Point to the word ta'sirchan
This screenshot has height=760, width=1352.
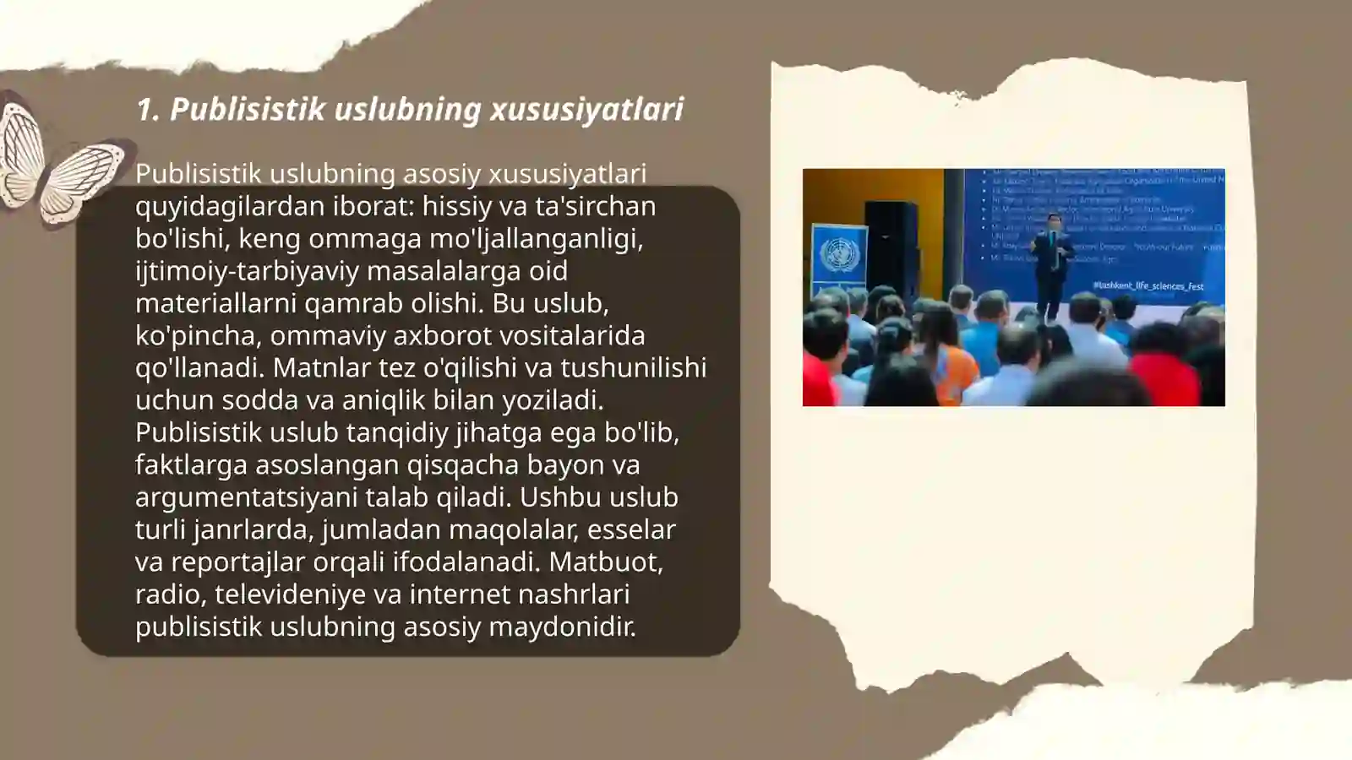[x=596, y=206]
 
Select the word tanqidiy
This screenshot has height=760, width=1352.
[x=397, y=432]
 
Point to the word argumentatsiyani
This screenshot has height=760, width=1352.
[x=246, y=497]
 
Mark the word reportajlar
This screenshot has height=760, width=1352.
[x=238, y=562]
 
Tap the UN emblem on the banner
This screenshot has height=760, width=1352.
[x=839, y=253]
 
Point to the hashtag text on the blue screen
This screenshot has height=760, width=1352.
[x=1148, y=286]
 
